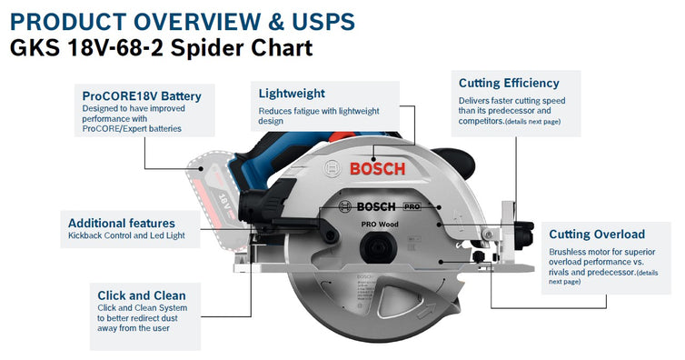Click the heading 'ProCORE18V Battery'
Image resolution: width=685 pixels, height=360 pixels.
[141, 95]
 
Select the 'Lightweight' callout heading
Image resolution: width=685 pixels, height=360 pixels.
[292, 93]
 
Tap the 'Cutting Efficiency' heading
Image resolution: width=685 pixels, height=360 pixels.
[509, 83]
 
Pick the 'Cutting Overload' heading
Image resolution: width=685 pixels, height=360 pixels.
[597, 234]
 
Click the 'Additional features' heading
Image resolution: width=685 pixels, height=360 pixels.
[122, 223]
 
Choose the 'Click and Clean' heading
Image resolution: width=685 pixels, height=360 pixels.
[142, 295]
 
